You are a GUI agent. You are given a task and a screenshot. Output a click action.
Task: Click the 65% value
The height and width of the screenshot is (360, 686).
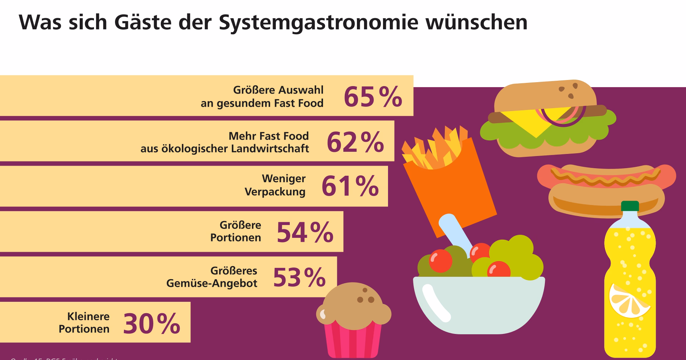click(373, 97)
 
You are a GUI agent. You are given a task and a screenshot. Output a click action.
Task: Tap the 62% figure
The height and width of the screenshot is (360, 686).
click(355, 142)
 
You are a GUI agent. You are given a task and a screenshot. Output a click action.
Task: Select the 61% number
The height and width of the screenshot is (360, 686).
click(350, 186)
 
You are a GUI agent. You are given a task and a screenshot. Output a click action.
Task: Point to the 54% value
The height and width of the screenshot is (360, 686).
click(305, 232)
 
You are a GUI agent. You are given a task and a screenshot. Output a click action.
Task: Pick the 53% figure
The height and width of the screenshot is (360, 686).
click(299, 277)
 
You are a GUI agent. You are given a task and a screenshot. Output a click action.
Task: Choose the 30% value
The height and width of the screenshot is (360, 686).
click(151, 324)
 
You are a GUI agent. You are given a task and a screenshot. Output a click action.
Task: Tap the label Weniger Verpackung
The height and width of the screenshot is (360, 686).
click(275, 185)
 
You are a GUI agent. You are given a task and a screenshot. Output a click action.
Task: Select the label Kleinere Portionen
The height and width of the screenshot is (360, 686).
click(84, 322)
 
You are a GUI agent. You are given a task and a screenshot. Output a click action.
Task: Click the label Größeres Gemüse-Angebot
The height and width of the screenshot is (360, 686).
click(212, 277)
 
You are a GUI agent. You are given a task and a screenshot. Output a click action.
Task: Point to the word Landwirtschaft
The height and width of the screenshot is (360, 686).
click(270, 149)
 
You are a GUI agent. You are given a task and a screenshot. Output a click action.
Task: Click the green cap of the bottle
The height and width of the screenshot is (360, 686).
click(630, 206)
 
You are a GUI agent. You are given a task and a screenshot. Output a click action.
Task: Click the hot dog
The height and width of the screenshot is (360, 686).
click(607, 189)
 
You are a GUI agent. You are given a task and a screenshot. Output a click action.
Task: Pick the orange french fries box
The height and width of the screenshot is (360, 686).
click(450, 193)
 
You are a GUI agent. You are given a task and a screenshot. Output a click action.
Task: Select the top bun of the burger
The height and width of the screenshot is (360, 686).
click(545, 95)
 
